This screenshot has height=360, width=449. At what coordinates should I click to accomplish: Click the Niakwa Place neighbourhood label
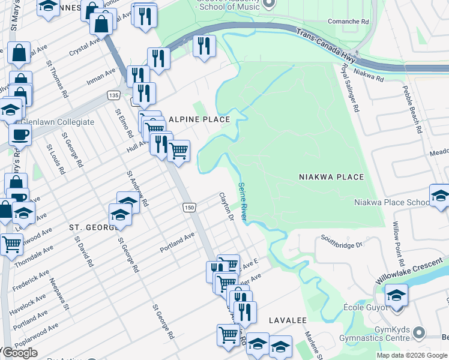click(331, 177)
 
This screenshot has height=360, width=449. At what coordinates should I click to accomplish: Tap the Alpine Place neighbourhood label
click(199, 119)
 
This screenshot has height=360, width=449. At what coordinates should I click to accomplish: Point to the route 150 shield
click(189, 207)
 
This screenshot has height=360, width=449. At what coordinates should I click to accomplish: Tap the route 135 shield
click(113, 95)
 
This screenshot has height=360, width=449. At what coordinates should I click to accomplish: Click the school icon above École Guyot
click(396, 295)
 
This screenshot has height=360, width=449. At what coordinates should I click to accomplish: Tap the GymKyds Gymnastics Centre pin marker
click(420, 332)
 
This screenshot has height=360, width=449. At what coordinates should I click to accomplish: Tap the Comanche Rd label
click(348, 21)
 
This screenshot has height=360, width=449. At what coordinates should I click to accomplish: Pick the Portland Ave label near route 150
click(178, 242)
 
